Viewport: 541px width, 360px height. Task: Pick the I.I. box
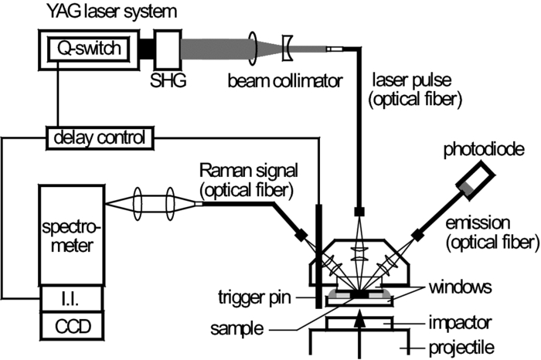tap(68, 297)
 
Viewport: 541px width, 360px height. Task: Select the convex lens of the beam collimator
tap(253, 47)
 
